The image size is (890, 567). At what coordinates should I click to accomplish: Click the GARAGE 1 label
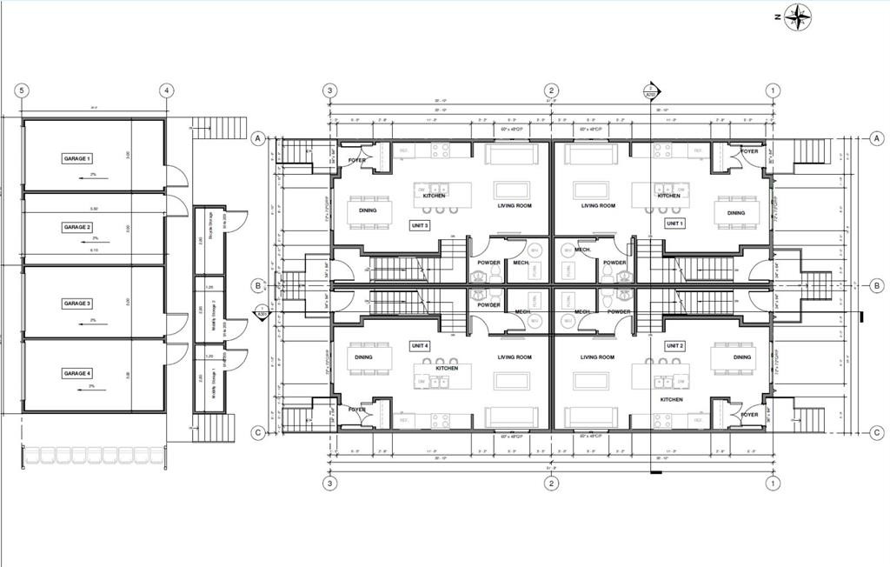[x=77, y=158]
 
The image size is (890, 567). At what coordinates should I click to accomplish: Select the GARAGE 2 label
[x=77, y=227]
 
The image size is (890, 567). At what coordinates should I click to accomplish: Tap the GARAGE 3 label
[x=77, y=304]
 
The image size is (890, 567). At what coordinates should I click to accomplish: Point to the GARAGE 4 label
[x=77, y=373]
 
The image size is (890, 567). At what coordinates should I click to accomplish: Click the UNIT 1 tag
[x=674, y=223]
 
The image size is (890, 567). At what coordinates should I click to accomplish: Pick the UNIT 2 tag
[x=674, y=345]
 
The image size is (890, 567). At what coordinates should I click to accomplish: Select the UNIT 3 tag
[x=421, y=224]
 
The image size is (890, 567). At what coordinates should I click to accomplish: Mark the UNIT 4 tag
[x=421, y=345]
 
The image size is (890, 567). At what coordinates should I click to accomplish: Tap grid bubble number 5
[x=22, y=90]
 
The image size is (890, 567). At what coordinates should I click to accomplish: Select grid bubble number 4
[x=166, y=90]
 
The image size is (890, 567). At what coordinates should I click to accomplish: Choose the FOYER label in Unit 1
[x=749, y=151]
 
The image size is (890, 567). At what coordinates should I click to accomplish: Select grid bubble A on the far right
[x=876, y=139]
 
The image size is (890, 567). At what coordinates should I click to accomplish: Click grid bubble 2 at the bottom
[x=550, y=483]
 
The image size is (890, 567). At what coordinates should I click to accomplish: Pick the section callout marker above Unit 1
[x=651, y=90]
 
